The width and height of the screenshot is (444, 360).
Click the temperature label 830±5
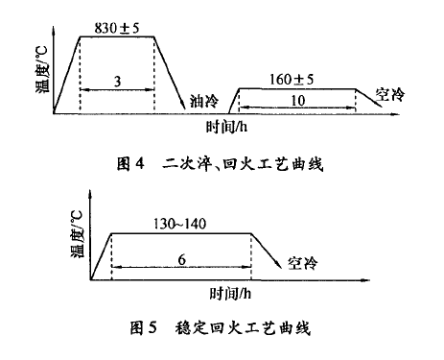(117, 28)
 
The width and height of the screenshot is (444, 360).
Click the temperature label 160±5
(292, 80)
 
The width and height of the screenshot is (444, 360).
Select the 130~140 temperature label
(179, 224)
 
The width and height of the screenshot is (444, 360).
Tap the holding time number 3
(117, 82)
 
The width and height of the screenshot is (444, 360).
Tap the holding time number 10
(297, 101)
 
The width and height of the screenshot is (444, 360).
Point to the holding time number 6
(181, 259)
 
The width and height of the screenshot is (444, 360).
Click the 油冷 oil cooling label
(204, 101)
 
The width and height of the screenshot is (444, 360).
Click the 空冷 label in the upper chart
(389, 94)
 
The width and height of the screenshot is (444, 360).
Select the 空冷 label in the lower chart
(303, 263)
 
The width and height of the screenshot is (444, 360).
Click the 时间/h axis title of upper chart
(226, 127)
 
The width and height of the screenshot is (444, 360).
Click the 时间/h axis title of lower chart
(230, 293)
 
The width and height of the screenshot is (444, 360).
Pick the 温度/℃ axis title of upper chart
(42, 69)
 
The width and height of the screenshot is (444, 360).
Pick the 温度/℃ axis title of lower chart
(77, 233)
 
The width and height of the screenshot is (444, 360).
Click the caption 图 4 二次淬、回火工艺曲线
(220, 164)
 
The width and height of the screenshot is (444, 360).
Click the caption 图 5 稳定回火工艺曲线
(221, 328)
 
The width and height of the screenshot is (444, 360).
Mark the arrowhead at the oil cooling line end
(183, 106)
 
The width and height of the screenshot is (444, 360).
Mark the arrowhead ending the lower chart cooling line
(279, 264)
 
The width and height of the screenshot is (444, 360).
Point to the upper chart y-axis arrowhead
(54, 31)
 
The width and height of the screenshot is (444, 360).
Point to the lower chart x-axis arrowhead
(365, 280)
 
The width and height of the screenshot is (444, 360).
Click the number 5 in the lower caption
(152, 328)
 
